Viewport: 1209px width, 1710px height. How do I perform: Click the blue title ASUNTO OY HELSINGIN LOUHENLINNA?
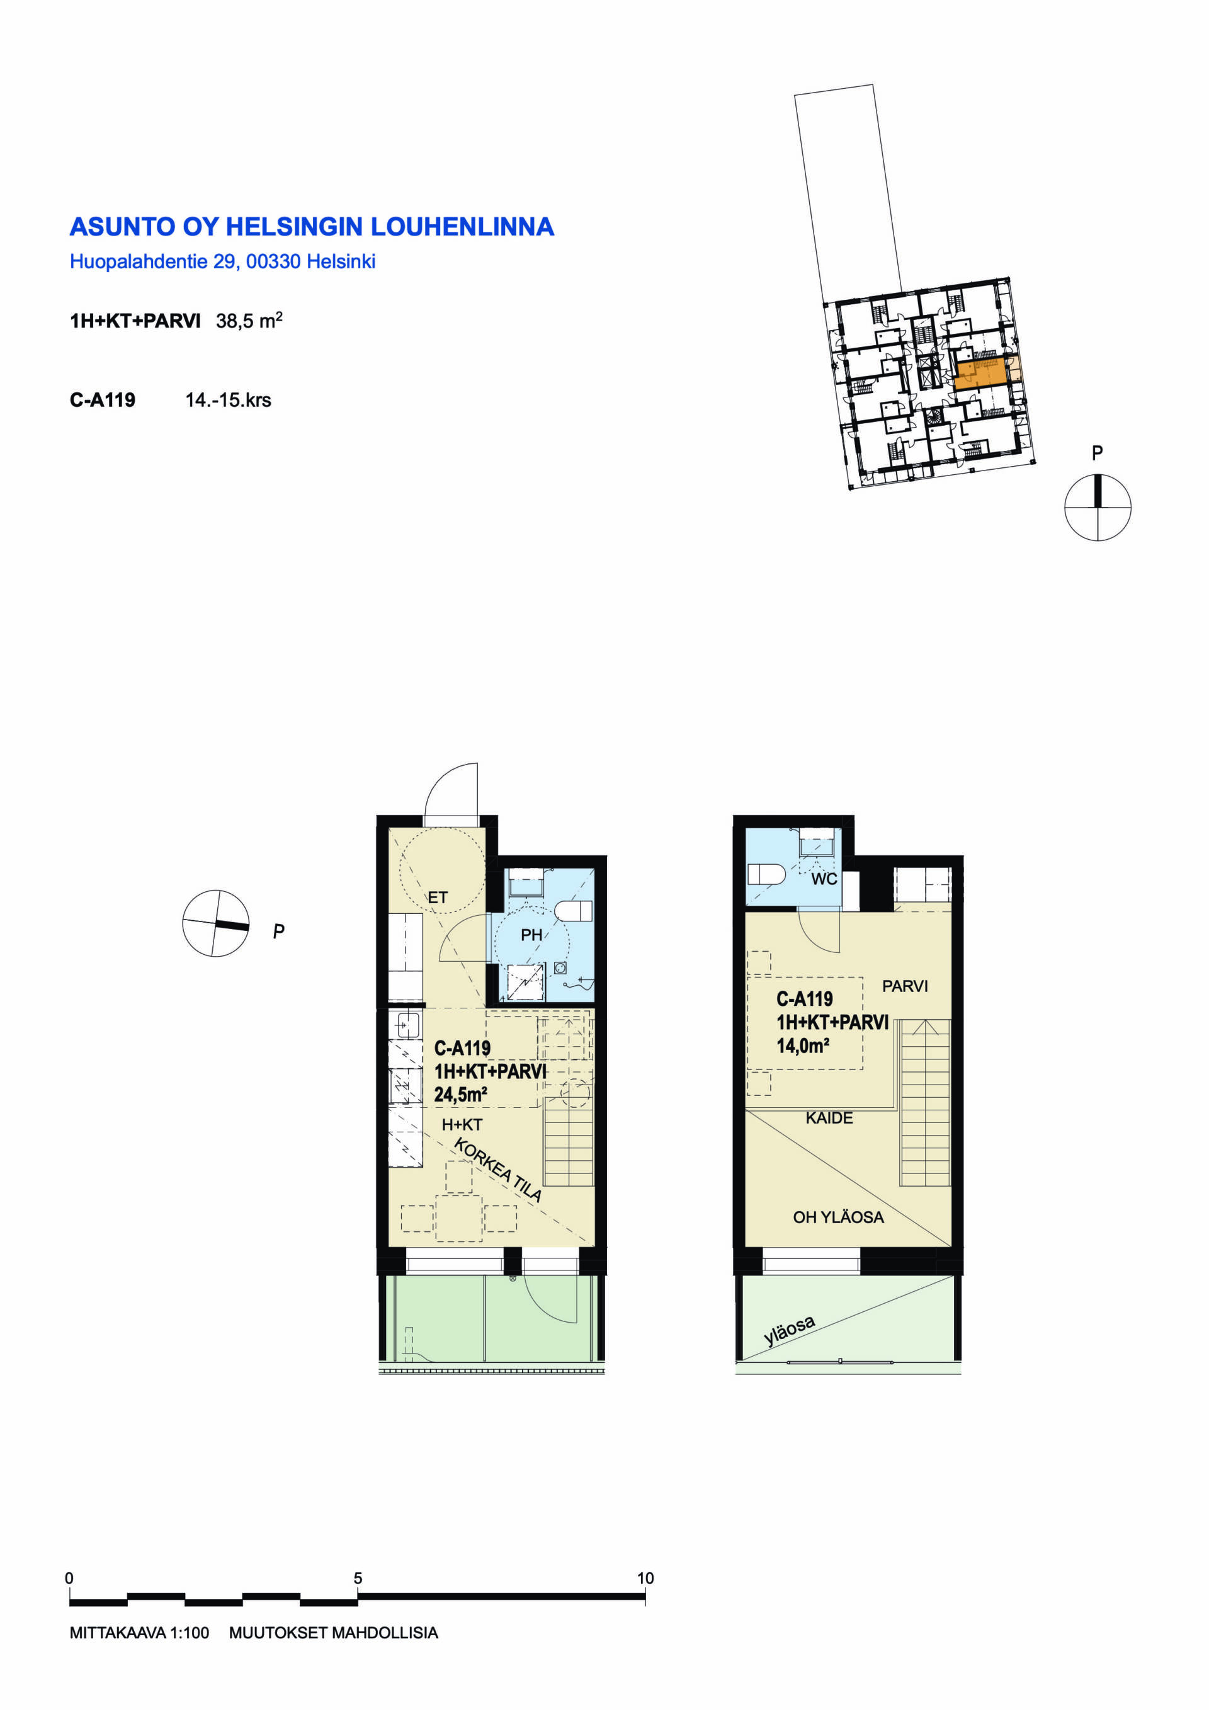(312, 226)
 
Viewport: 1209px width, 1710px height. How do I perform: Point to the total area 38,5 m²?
(249, 320)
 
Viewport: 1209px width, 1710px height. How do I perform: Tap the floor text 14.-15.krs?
(228, 400)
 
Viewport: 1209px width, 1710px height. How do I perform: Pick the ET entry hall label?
(438, 898)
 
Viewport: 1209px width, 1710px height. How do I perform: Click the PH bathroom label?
(531, 935)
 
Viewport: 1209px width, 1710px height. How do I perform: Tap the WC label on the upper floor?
(824, 879)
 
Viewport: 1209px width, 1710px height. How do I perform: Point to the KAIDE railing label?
(829, 1118)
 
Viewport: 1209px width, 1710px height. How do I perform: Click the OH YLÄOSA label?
(838, 1217)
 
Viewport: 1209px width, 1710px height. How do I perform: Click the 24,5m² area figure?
(461, 1094)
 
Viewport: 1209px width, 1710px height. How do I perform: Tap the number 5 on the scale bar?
(358, 1578)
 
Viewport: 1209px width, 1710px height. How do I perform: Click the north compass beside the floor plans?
(216, 923)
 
